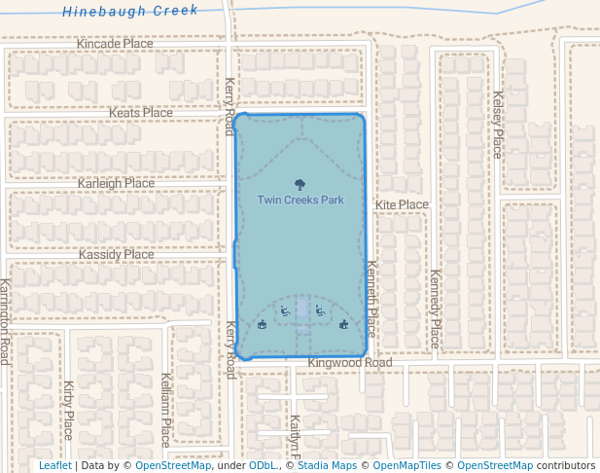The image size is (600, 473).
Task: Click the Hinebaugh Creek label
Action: (130, 11)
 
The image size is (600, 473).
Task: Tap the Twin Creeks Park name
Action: (300, 200)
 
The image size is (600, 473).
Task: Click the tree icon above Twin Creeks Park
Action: (300, 183)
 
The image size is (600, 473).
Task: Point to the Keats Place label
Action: (140, 113)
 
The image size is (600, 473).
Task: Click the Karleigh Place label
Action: (116, 183)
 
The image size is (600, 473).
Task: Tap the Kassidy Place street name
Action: (117, 254)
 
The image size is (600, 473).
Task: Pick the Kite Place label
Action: (402, 204)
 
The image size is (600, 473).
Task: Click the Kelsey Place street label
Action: (497, 125)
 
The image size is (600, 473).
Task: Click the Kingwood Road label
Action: (349, 363)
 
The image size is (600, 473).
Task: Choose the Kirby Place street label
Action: (68, 410)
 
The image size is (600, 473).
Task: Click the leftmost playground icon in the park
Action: (263, 325)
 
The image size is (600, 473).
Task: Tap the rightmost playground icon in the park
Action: (343, 325)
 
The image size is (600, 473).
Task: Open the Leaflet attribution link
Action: (54, 466)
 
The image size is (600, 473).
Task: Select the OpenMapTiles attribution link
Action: (406, 466)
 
